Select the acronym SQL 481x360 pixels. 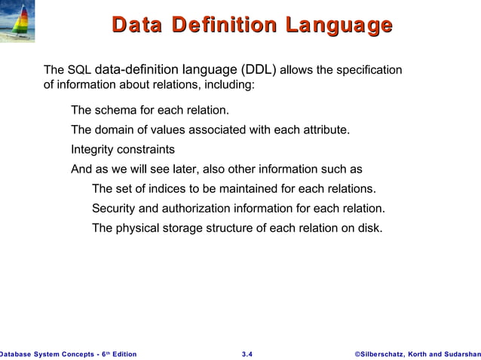pyautogui.click(x=81, y=71)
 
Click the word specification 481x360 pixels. pyautogui.click(x=369, y=71)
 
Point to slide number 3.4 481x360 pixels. pyautogui.click(x=247, y=354)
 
